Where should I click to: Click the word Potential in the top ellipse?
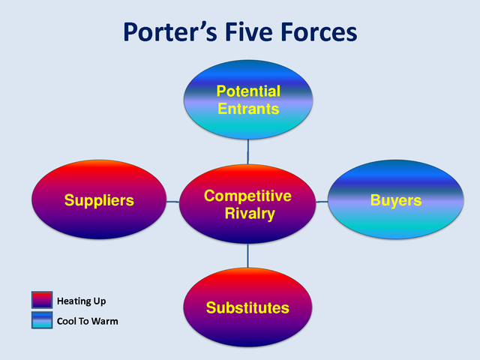tap(248, 91)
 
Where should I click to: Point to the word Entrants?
tap(248, 109)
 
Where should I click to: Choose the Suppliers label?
tap(99, 200)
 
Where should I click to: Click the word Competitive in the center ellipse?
tap(247, 196)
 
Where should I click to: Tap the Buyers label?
tap(396, 200)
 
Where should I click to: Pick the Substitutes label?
tap(247, 307)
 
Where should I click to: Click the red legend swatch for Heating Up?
tap(41, 301)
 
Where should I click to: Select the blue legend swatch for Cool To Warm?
tap(41, 320)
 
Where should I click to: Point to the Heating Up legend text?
tap(82, 301)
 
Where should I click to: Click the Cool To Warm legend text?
tap(88, 321)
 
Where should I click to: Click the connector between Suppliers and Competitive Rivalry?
tap(172, 202)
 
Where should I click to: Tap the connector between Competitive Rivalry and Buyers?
tap(322, 202)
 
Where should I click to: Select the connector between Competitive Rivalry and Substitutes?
tap(248, 256)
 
